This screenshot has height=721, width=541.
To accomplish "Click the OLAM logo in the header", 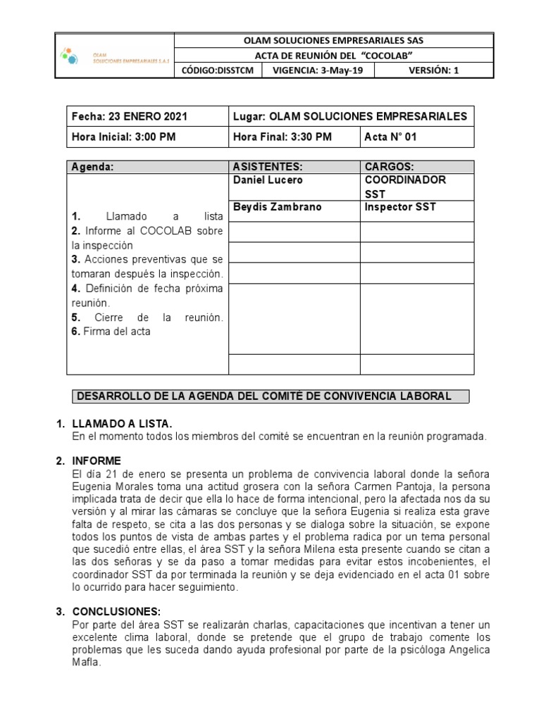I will coord(113,56).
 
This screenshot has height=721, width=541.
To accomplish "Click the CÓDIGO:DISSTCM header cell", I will coord(218,70).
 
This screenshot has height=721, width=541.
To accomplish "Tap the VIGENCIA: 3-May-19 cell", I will coord(318,70).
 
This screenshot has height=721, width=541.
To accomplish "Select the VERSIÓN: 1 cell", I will coord(433,70).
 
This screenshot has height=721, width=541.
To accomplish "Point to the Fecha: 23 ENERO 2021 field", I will coord(130,116).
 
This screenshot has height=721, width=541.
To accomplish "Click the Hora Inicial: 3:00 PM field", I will coord(123,137).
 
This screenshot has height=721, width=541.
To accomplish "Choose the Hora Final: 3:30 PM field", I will coord(282,137).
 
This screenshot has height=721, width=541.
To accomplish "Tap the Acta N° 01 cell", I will coord(391,137).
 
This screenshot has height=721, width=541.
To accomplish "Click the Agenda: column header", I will coord(92,167).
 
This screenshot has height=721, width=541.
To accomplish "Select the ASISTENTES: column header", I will coord(267,167).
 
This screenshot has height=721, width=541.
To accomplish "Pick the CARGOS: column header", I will coord(390,167).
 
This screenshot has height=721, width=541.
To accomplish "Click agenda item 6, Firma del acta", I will coord(111,332).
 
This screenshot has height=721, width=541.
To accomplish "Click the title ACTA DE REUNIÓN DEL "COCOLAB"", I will coord(333,56).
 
